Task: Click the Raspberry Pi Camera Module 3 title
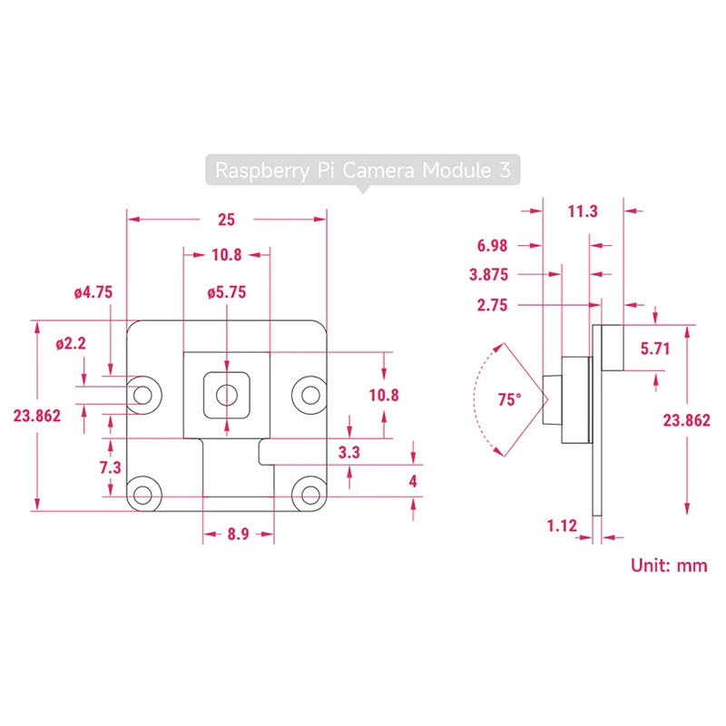point(363,170)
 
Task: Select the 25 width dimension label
point(226,220)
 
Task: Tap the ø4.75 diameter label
point(93,292)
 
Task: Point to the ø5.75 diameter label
point(226,292)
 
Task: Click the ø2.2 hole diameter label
point(71,344)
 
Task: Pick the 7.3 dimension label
point(110,467)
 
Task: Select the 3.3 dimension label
point(349,452)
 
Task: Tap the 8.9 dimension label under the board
point(238,534)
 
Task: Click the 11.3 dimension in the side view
point(583,211)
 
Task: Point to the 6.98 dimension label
point(492,245)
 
